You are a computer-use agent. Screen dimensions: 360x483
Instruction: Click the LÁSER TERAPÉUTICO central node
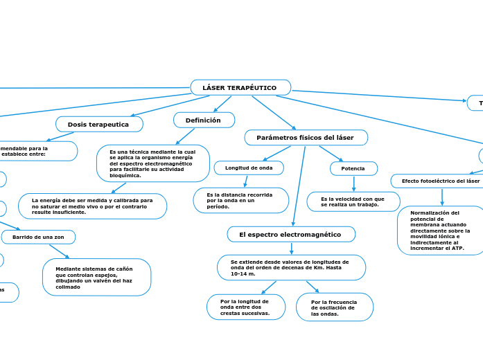[x=240, y=88]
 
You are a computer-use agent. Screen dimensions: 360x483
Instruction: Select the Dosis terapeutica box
[x=99, y=124]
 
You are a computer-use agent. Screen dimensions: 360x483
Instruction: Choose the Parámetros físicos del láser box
[x=306, y=138]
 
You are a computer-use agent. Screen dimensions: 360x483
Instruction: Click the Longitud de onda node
[x=249, y=168]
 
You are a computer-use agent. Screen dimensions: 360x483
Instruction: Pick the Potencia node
[x=353, y=169]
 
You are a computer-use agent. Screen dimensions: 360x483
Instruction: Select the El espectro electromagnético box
[x=290, y=235]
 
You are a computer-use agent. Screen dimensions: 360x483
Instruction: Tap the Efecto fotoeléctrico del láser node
[x=441, y=181]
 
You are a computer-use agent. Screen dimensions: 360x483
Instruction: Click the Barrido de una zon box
[x=38, y=237]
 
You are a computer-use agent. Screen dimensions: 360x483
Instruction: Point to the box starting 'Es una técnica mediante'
[x=152, y=163]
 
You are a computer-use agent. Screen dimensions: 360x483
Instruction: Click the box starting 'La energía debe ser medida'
[x=92, y=206]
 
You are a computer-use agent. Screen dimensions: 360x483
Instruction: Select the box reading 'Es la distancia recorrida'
[x=240, y=201]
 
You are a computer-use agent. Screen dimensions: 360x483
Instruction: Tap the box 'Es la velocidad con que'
[x=353, y=202]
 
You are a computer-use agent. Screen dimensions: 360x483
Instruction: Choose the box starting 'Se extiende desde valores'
[x=291, y=268]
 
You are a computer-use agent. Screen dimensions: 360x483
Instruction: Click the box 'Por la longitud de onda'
[x=245, y=307]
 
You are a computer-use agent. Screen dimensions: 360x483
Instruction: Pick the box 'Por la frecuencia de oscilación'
[x=334, y=307]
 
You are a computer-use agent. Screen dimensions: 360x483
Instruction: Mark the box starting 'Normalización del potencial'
[x=440, y=231]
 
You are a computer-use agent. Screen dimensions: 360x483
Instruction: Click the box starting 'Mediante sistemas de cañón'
[x=96, y=278]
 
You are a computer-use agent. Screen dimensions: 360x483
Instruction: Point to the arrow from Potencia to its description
[x=353, y=183]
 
